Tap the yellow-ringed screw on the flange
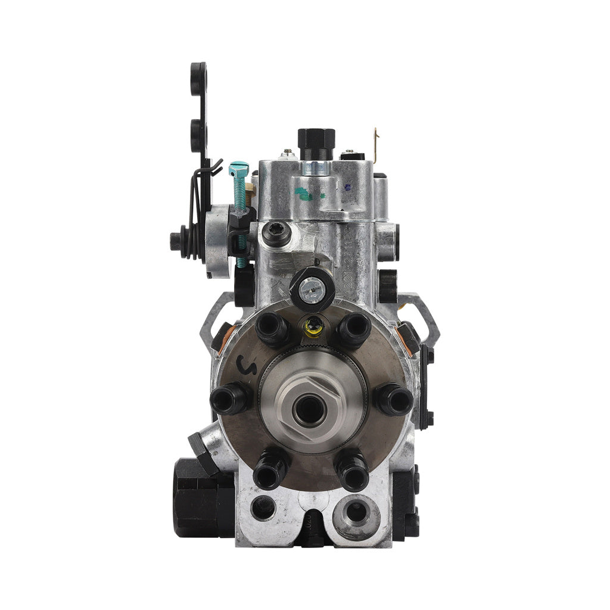coord(313,326)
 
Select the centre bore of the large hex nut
coord(309,410)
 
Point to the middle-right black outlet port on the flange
coord(394,399)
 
